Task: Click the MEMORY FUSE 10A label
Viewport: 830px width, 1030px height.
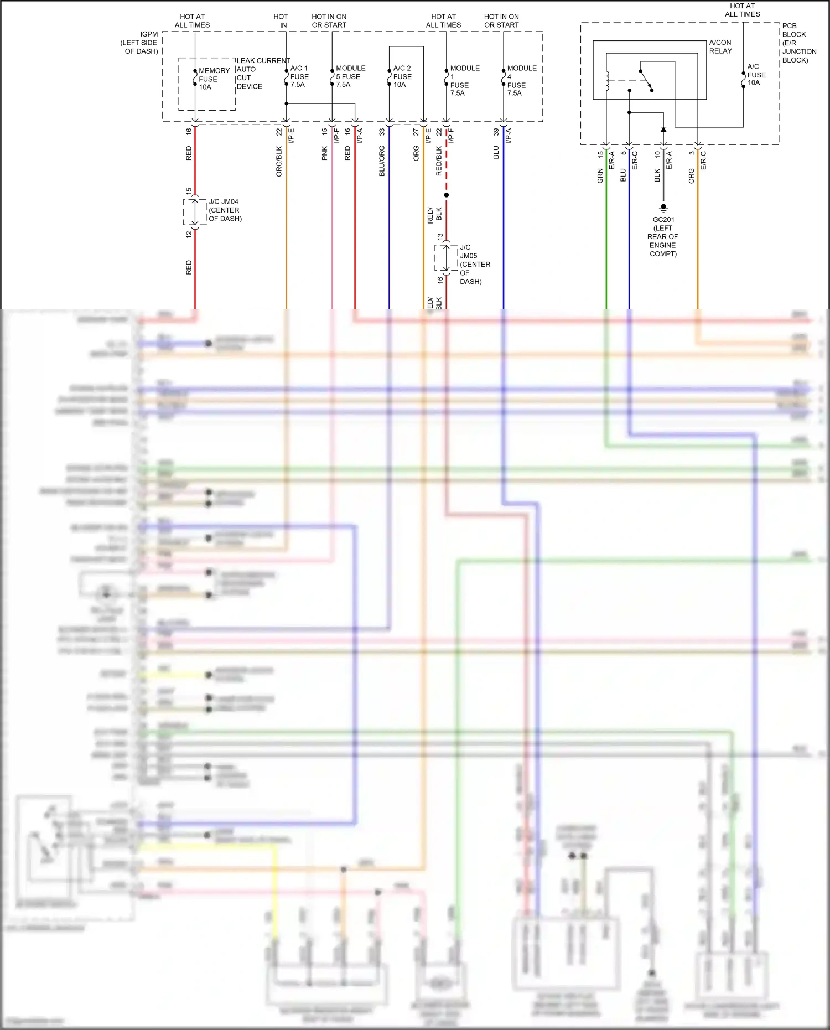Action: pyautogui.click(x=214, y=79)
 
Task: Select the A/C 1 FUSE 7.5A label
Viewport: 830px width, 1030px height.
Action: pyautogui.click(x=299, y=76)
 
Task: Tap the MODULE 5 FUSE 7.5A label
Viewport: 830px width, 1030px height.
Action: pyautogui.click(x=350, y=76)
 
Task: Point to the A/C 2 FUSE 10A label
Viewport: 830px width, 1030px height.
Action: pyautogui.click(x=402, y=76)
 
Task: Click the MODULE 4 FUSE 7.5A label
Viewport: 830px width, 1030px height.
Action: pyautogui.click(x=521, y=81)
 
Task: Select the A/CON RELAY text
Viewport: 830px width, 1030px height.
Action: pyautogui.click(x=720, y=46)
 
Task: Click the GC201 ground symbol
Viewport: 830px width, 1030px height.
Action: pyautogui.click(x=663, y=208)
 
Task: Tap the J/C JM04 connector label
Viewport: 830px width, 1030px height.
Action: pyautogui.click(x=225, y=210)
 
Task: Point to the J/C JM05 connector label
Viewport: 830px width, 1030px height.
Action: pyautogui.click(x=474, y=264)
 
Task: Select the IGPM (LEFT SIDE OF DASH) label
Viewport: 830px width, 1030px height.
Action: pyautogui.click(x=139, y=43)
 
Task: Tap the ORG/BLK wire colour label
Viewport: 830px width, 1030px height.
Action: pyautogui.click(x=279, y=162)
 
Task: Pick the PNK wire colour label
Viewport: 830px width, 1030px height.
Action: pyautogui.click(x=325, y=153)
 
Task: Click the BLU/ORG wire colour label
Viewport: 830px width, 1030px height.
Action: pyautogui.click(x=382, y=162)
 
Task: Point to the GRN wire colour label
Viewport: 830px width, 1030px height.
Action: pyautogui.click(x=600, y=176)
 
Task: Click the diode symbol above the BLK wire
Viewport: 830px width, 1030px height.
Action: pyautogui.click(x=663, y=129)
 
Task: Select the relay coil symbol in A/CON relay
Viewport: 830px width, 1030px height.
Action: pyautogui.click(x=607, y=81)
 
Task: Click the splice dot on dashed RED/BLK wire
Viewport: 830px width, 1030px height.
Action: pyautogui.click(x=447, y=195)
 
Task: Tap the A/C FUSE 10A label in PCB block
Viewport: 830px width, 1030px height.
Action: pyautogui.click(x=756, y=75)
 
